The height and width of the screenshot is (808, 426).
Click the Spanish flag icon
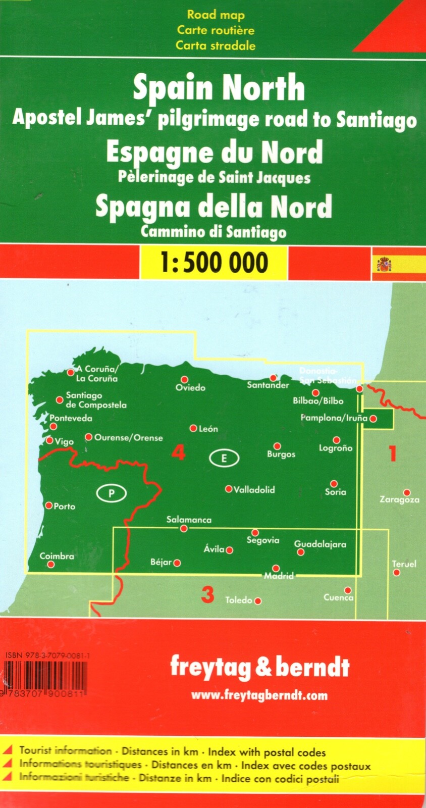pyautogui.click(x=384, y=264)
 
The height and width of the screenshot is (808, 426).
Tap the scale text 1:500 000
pyautogui.click(x=214, y=263)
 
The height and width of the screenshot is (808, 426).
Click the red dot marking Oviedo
pyautogui.click(x=184, y=379)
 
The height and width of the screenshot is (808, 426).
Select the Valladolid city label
pyautogui.click(x=254, y=489)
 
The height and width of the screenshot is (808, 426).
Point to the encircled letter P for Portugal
pyautogui.click(x=111, y=493)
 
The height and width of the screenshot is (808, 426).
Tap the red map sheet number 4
pyautogui.click(x=178, y=452)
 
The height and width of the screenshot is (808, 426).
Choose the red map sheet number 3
pyautogui.click(x=207, y=594)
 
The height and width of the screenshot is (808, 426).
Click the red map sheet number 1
pyautogui.click(x=392, y=453)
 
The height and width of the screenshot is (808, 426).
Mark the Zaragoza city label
pyautogui.click(x=399, y=500)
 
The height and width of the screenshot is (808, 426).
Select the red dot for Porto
pyautogui.click(x=49, y=505)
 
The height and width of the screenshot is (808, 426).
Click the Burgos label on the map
pyautogui.click(x=281, y=454)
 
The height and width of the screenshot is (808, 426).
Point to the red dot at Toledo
pyautogui.click(x=258, y=601)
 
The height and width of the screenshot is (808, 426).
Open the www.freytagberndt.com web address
pyautogui.click(x=259, y=695)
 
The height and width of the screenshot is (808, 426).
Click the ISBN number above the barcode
pyautogui.click(x=48, y=655)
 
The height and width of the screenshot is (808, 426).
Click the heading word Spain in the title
pyautogui.click(x=172, y=88)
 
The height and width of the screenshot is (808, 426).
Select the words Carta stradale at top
pyautogui.click(x=216, y=45)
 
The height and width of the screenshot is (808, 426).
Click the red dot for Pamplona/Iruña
pyautogui.click(x=373, y=419)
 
